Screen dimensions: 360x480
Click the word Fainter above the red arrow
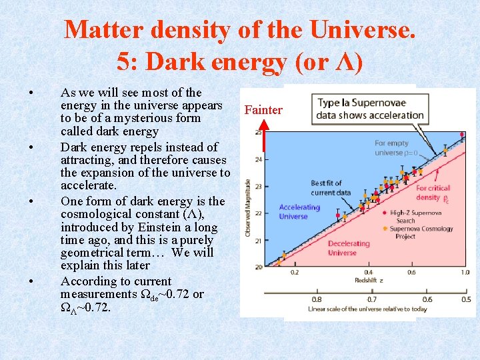coord(263,110)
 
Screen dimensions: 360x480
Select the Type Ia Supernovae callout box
coord(370,109)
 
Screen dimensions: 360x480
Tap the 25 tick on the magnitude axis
coord(258,133)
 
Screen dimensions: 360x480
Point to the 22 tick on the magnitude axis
coord(258,213)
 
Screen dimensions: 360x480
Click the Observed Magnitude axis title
coord(248,207)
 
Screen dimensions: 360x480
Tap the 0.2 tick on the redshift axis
coord(295,273)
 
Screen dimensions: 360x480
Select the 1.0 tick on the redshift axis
coord(465,273)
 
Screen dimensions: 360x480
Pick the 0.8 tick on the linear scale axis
coord(317,299)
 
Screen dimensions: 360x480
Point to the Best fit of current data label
coord(331,188)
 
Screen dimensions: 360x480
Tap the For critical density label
coord(433,193)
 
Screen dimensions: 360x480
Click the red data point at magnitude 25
coord(463,134)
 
